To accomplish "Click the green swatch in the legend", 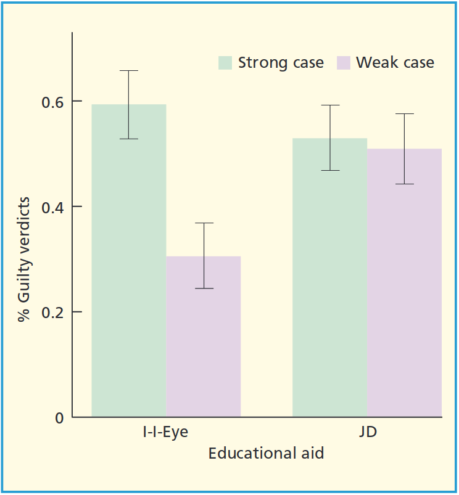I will pyautogui.click(x=225, y=63).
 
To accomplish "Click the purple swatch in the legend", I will pyautogui.click(x=344, y=63).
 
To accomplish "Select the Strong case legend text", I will pyautogui.click(x=281, y=63).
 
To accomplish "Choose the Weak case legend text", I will pyautogui.click(x=395, y=63).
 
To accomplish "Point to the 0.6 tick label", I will pyautogui.click(x=52, y=101).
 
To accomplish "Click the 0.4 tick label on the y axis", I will pyautogui.click(x=52, y=207).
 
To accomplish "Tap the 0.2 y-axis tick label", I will pyautogui.click(x=52, y=312).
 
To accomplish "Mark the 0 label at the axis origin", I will pyautogui.click(x=59, y=417).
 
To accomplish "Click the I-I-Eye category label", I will pyautogui.click(x=162, y=432).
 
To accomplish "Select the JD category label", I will pyautogui.click(x=367, y=432).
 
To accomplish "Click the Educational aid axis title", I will pyautogui.click(x=266, y=454).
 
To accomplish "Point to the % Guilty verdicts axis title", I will pyautogui.click(x=24, y=260).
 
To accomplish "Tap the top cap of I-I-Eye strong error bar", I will pyautogui.click(x=128, y=71).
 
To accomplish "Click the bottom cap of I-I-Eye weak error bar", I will pyautogui.click(x=204, y=288).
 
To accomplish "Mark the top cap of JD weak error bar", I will pyautogui.click(x=405, y=114).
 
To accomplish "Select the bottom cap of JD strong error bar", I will pyautogui.click(x=329, y=170).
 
